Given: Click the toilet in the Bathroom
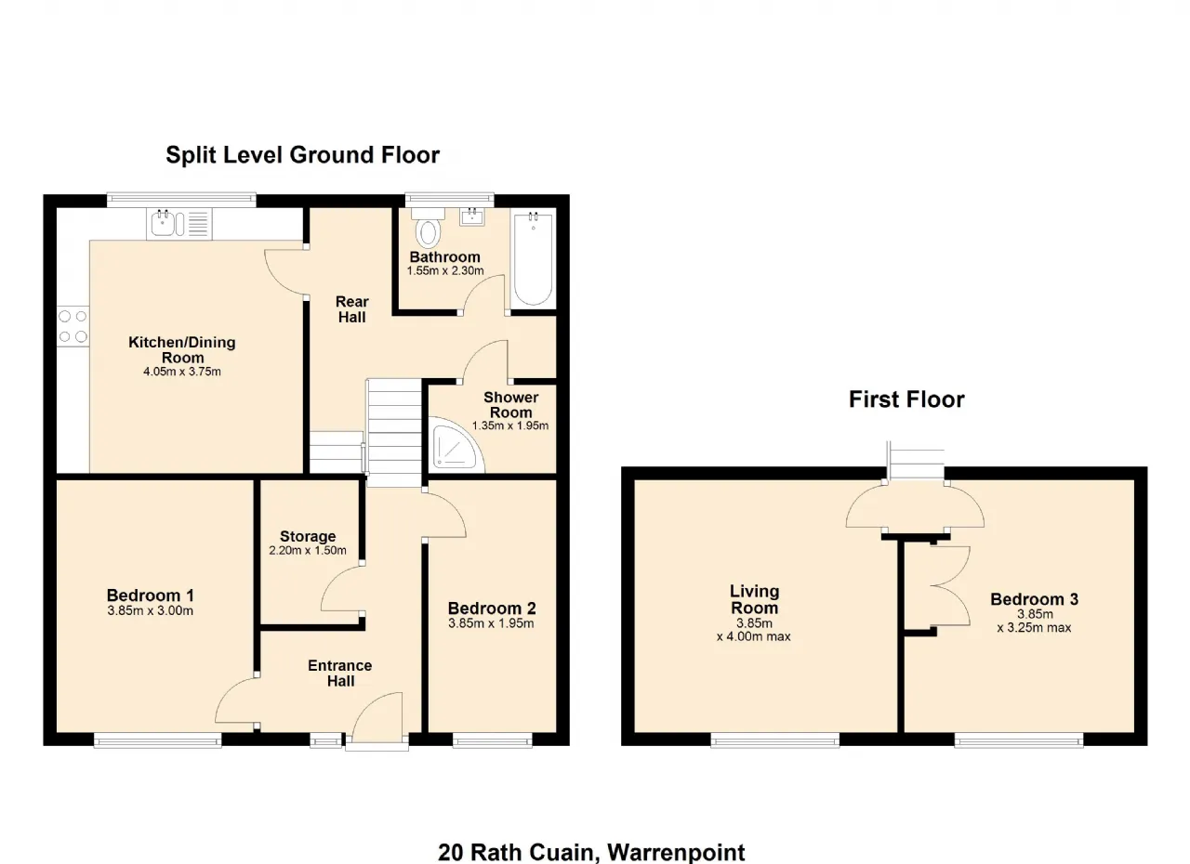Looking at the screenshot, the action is pos(429,228).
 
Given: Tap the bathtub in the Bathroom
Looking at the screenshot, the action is pos(533,258).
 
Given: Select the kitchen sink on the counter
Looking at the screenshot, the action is pos(179,223).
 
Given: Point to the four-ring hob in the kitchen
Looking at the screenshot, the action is pos(73,326).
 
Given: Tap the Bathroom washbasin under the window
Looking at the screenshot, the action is pos(471,217).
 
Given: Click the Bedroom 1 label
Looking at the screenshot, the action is pos(151,595).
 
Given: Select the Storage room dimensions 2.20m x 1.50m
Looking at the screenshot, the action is pos(308,550).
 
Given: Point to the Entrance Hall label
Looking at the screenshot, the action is pos(340,673).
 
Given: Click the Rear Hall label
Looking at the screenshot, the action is pos(351,309).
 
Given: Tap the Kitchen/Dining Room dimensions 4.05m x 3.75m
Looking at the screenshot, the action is pos(182,372).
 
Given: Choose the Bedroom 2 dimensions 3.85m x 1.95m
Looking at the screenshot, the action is pos(491,623).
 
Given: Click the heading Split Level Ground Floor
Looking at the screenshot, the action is pos(303,155).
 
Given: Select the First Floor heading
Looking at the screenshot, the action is pos(906,399).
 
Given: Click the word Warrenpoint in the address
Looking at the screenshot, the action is pos(676,852).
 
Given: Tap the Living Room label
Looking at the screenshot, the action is pos(754,599).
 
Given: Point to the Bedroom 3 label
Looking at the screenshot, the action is pos(1034,599).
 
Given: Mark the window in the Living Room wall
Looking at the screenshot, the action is pos(775,740).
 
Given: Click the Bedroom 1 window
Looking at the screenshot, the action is pos(158,740).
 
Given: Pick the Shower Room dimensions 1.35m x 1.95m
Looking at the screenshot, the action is pos(510,425).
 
